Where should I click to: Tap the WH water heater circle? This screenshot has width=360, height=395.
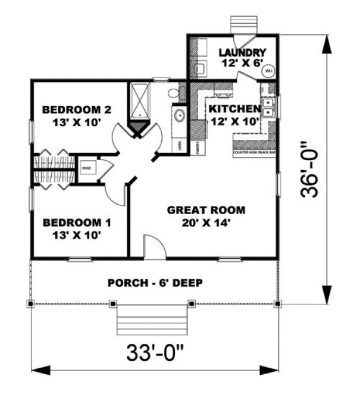pos(268,70)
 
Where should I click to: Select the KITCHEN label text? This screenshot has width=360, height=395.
pos(233,109)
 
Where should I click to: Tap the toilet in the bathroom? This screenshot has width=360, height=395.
pos(173,93)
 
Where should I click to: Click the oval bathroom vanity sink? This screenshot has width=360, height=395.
pos(178,115)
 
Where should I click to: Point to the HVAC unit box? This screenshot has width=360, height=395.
pos(85,168)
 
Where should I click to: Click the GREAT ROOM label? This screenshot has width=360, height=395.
pos(206,210)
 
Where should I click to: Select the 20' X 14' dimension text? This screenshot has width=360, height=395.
pos(206,223)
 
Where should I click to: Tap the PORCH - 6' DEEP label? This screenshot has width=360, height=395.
pos(155,282)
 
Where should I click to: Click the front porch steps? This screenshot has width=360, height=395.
pos(140,321)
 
